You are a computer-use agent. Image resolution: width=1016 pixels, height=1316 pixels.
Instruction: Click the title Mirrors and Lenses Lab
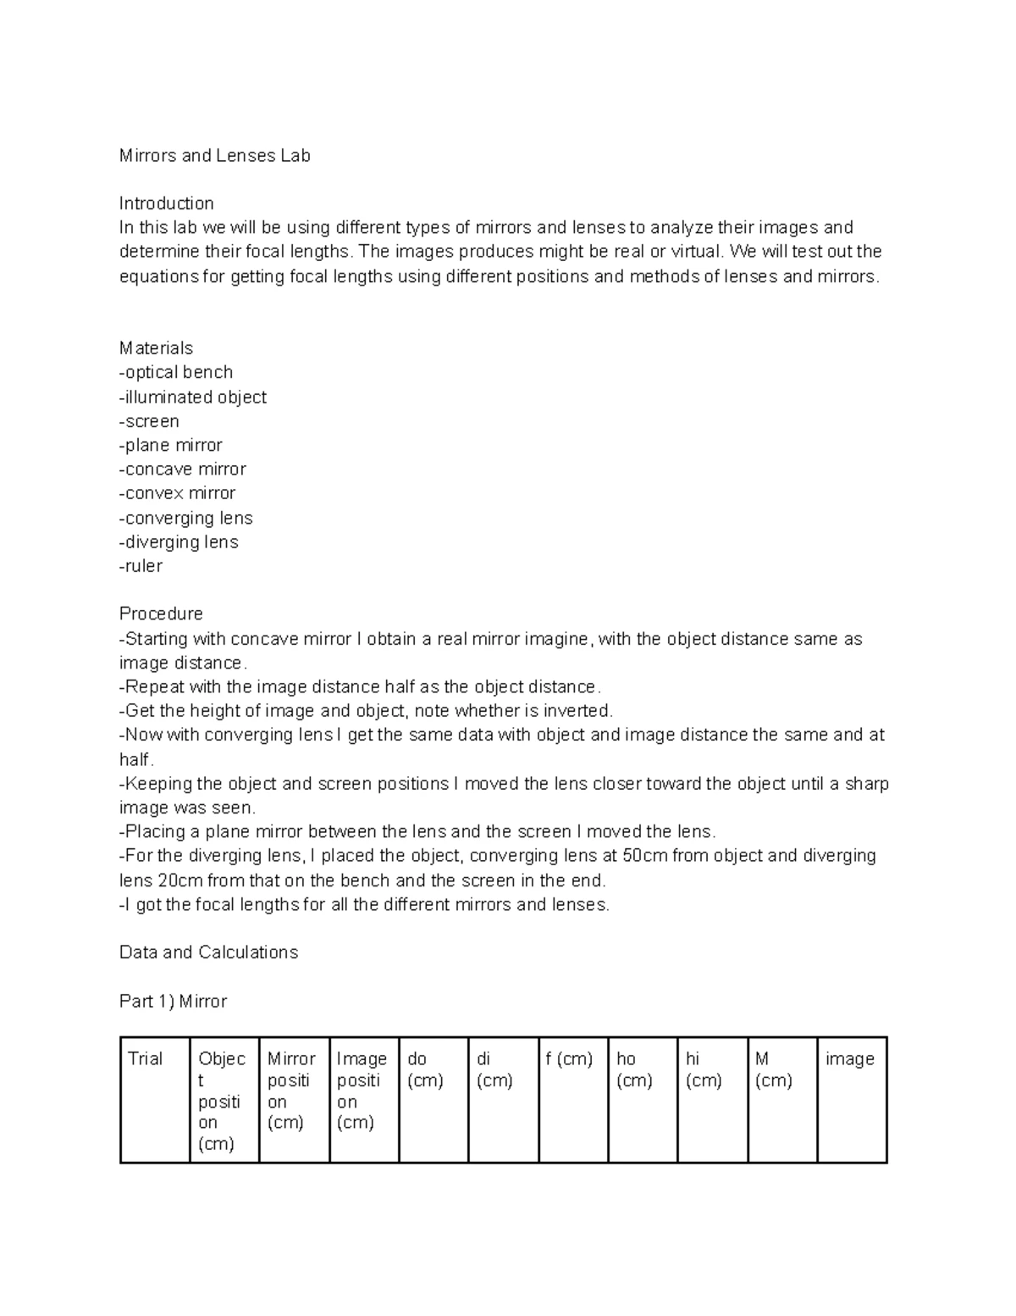(x=215, y=156)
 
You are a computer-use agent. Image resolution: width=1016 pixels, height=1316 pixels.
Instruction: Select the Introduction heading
(x=166, y=203)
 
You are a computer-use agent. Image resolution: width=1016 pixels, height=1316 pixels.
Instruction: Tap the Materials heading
(x=156, y=348)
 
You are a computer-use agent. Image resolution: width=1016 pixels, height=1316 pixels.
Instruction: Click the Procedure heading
(x=161, y=614)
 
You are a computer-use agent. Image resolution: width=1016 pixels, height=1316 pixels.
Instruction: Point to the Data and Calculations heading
(x=208, y=952)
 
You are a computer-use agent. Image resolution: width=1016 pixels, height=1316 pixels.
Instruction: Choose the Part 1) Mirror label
(x=173, y=1002)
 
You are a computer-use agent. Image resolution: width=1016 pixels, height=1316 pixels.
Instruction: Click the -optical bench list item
(x=176, y=372)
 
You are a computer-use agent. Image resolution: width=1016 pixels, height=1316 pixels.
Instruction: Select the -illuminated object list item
(x=193, y=397)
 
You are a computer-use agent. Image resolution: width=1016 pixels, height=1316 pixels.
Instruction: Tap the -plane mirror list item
(x=171, y=446)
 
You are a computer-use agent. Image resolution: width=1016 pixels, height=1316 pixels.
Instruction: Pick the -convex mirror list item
(x=178, y=493)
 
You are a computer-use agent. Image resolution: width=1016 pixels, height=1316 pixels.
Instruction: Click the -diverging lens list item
(x=179, y=542)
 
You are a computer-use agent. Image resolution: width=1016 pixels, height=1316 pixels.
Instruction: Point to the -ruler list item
(x=141, y=566)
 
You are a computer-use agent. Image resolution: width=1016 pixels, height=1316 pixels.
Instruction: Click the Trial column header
(x=145, y=1058)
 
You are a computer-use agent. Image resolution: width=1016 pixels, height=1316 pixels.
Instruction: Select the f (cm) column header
(x=569, y=1058)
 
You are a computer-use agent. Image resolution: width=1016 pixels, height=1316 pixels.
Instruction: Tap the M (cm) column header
(x=773, y=1069)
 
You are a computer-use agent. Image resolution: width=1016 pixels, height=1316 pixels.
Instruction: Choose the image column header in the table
(x=849, y=1058)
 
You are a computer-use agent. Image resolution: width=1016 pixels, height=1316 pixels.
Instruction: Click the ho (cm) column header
(x=634, y=1069)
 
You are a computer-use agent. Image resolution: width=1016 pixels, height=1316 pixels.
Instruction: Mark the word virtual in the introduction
(x=697, y=252)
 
